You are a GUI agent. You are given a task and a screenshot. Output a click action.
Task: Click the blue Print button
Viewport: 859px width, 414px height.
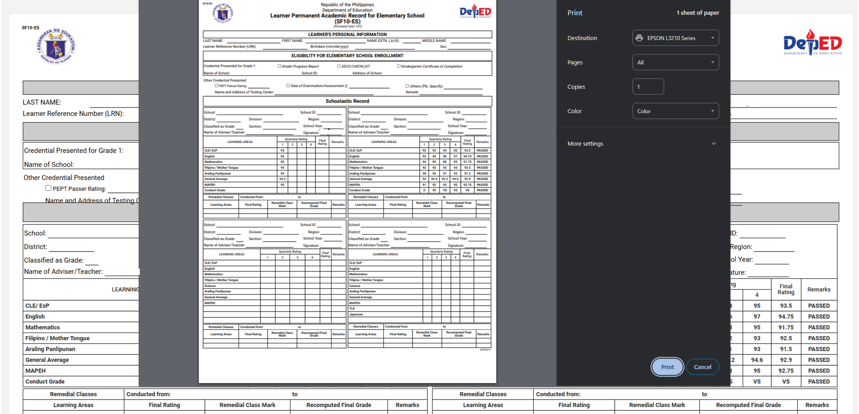(667, 367)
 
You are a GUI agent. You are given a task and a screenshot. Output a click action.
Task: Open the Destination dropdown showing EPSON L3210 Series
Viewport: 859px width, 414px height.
(676, 38)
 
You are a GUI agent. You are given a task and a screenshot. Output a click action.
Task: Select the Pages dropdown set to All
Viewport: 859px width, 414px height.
(676, 62)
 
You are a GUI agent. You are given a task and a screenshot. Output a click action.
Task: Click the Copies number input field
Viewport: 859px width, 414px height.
(648, 87)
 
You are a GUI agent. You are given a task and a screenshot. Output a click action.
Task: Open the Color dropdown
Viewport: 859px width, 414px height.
(676, 111)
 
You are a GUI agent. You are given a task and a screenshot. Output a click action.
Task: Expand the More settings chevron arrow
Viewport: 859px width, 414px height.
(714, 144)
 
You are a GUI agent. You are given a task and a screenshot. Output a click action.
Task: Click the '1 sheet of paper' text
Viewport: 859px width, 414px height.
(697, 13)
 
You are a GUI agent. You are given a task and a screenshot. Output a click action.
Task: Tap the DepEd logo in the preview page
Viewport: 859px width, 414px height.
(475, 12)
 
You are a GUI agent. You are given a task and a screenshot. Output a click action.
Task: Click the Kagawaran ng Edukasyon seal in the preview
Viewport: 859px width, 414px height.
(223, 13)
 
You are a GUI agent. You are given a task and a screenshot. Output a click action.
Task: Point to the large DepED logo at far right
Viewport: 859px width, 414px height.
(812, 43)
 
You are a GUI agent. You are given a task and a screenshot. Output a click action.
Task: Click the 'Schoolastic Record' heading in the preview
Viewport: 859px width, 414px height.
(347, 101)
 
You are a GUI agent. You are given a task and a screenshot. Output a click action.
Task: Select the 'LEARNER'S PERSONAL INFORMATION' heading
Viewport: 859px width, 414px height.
(347, 34)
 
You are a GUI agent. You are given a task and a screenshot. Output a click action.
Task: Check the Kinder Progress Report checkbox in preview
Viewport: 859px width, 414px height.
(280, 66)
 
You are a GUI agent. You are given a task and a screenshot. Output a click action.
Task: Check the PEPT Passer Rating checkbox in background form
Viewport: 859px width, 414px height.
(48, 188)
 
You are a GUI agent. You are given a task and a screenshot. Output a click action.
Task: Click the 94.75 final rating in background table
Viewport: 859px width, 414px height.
(786, 316)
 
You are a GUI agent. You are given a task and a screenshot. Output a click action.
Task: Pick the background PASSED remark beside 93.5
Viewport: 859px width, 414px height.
(819, 306)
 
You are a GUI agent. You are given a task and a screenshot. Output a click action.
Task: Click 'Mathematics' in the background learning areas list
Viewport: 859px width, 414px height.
(43, 328)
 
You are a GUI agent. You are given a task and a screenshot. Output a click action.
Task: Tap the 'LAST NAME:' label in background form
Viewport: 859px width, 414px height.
(42, 102)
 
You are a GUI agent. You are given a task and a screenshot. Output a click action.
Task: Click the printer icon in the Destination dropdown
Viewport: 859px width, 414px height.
(639, 38)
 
